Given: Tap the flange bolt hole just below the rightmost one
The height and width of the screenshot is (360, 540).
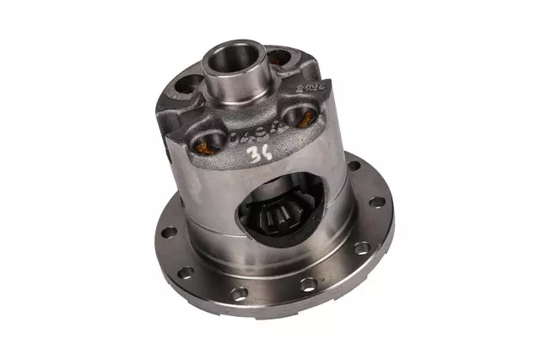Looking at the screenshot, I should click(362, 248).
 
